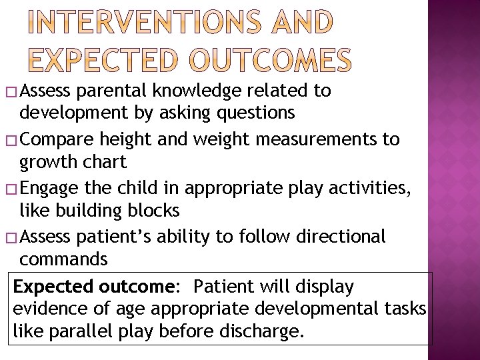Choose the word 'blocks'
[x=155, y=211]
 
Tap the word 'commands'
[x=64, y=259]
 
